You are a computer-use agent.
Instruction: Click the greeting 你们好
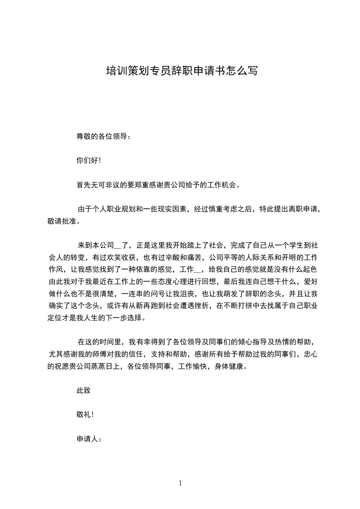pos(88,160)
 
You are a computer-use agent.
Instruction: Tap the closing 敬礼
pos(84,415)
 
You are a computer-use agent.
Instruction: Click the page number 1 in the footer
pos(180,483)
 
